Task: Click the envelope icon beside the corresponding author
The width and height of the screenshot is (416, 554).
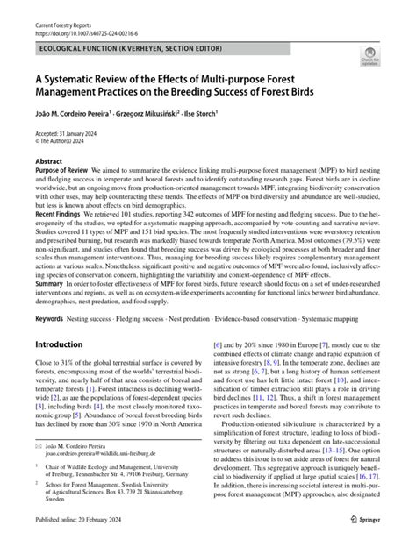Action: click(x=39, y=472)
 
